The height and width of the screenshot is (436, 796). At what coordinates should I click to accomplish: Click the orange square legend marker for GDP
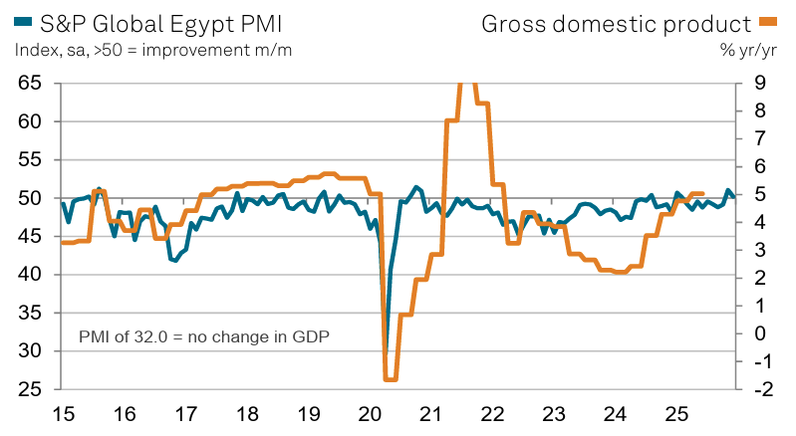[x=768, y=21]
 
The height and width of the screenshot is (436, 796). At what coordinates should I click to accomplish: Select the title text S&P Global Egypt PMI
[x=143, y=22]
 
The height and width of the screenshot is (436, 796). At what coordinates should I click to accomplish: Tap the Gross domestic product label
[x=616, y=22]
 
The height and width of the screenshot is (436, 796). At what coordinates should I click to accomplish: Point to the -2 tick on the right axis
[x=756, y=389]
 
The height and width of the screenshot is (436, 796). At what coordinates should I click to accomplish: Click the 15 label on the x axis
[x=62, y=412]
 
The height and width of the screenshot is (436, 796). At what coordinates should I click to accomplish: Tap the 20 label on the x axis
[x=369, y=412]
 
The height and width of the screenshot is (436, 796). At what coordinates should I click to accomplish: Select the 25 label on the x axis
[x=676, y=412]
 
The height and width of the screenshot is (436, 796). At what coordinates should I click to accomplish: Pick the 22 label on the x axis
[x=492, y=412]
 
